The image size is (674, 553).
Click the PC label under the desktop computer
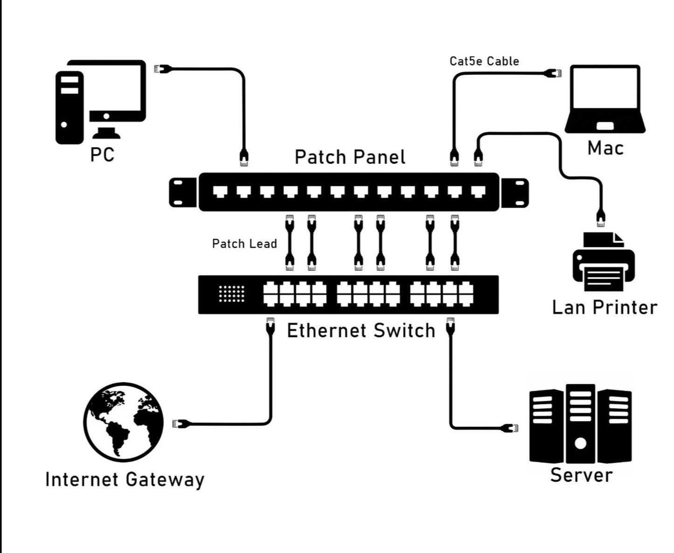pos(102,154)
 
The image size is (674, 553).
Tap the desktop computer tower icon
pos(69,107)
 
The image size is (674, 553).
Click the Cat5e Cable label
pos(484,61)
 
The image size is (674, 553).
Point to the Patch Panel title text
pos(350,157)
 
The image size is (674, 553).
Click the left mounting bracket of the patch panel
pos(183,192)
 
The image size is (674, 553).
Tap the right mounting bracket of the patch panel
pos(514,192)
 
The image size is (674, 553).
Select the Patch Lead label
pos(244,244)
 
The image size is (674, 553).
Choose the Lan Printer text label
pos(605,308)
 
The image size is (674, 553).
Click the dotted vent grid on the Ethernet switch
pos(231,294)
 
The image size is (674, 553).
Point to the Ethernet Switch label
pos(361,331)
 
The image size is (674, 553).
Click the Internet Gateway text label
pos(125,480)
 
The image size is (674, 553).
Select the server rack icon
pos(580,424)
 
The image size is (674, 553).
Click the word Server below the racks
pos(581,475)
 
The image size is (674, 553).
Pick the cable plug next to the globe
pos(181,424)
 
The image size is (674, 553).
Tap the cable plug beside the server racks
pos(510,427)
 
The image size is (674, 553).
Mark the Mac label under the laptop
pos(605,148)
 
